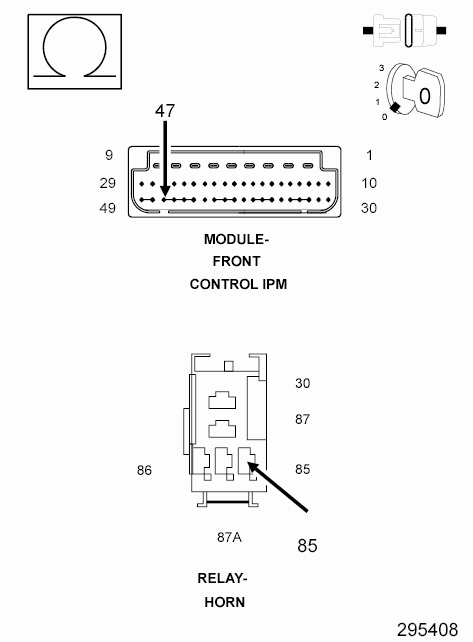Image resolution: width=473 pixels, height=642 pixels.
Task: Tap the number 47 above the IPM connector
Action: point(165,111)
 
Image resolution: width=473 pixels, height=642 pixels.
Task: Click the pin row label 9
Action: point(109,155)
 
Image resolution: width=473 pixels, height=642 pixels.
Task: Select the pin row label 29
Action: point(108,183)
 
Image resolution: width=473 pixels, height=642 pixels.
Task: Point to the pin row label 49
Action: point(108,208)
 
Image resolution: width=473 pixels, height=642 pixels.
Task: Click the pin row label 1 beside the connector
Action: point(369,156)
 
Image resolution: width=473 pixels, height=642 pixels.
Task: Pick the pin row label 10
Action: point(369,183)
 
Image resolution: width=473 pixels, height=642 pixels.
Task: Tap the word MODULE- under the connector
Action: point(236,239)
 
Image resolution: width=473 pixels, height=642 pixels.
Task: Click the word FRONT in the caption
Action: point(236,261)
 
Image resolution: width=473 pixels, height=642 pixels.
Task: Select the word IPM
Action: point(274,284)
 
